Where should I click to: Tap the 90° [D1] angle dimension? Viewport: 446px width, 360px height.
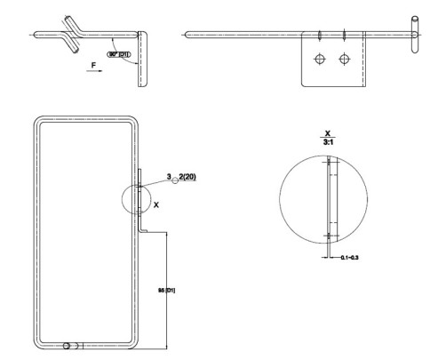(x=118, y=54)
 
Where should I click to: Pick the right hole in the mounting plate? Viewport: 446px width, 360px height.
(x=345, y=60)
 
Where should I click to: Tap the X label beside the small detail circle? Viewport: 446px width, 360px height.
(x=156, y=204)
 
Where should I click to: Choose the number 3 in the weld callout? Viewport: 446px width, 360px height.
(x=169, y=179)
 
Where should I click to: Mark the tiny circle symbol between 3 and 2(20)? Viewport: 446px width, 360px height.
(x=175, y=181)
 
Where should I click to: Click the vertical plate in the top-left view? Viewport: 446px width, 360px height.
(x=140, y=58)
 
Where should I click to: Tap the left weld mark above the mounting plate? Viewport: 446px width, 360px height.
(x=318, y=36)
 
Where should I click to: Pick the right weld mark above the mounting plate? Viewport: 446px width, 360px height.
(x=343, y=36)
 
